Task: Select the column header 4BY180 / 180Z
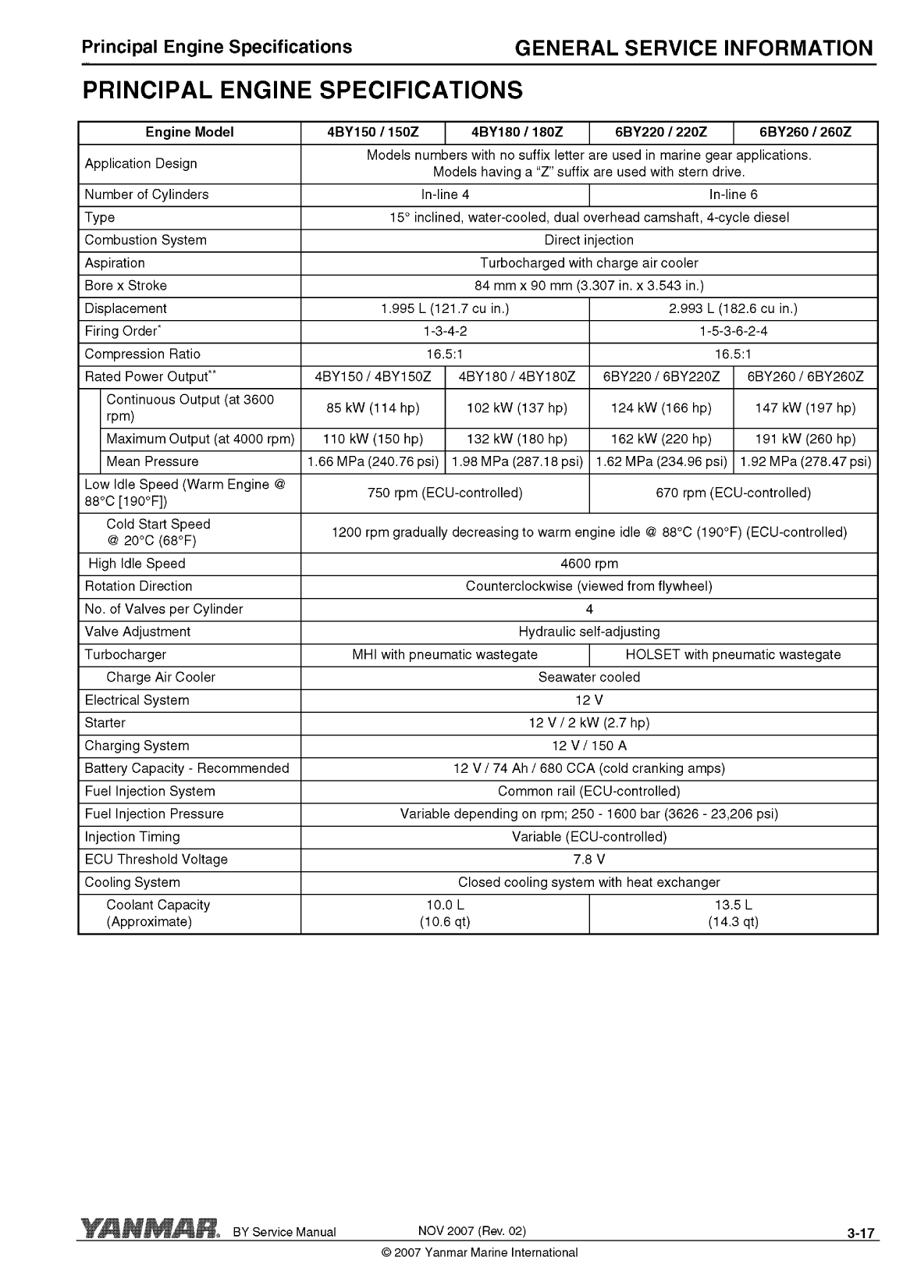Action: click(x=517, y=133)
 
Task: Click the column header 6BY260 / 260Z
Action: click(x=805, y=133)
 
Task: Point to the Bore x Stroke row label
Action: click(x=126, y=286)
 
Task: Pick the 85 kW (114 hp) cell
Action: click(x=373, y=408)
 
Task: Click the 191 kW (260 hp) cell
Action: click(x=805, y=440)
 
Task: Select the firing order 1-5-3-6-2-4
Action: click(x=734, y=331)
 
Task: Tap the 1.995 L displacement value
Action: click(x=445, y=308)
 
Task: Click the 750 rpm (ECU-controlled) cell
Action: click(x=445, y=493)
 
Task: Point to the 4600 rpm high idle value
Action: click(x=589, y=564)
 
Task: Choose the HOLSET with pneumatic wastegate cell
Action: click(x=734, y=655)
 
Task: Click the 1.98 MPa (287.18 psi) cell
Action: click(x=517, y=462)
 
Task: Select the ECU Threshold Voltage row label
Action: click(x=156, y=860)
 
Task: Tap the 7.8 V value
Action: click(x=589, y=860)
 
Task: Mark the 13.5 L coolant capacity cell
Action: click(x=734, y=913)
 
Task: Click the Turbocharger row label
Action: click(x=126, y=655)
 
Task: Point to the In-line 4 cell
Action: click(x=445, y=195)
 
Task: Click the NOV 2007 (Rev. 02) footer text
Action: click(x=472, y=1231)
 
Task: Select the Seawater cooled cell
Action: click(x=589, y=678)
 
